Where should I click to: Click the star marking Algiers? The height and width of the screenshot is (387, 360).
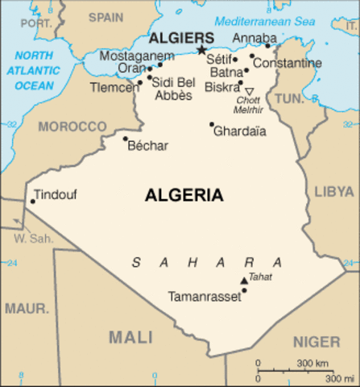click(201, 49)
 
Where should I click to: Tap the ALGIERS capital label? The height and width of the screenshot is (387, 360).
click(181, 38)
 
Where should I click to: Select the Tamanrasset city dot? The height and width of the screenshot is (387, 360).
click(244, 290)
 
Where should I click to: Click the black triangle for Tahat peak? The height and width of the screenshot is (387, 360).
click(244, 281)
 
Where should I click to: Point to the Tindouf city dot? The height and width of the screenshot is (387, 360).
click(32, 202)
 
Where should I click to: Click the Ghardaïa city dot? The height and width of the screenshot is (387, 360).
click(212, 124)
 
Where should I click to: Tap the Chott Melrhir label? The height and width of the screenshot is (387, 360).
click(249, 104)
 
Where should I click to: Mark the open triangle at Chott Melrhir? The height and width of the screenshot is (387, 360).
click(249, 91)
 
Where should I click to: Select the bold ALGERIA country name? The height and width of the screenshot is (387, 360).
click(184, 195)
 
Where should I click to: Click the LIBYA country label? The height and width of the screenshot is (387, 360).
click(333, 191)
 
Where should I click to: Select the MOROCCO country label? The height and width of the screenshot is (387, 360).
click(72, 127)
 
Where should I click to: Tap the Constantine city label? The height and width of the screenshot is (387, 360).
click(287, 63)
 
